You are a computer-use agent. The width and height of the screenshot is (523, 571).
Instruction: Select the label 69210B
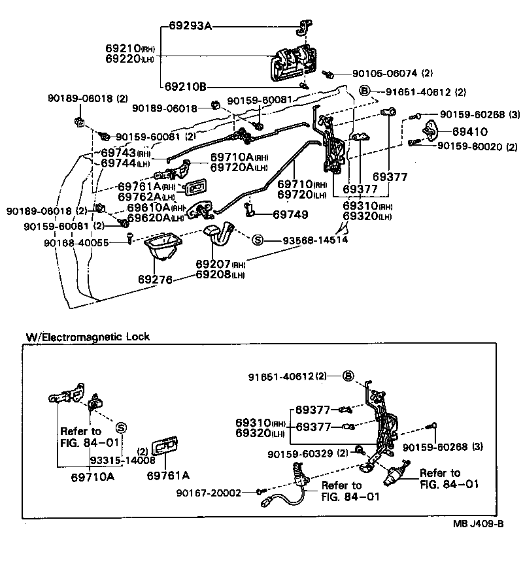tap(185, 86)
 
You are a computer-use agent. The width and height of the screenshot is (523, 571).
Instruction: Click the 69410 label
tap(469, 131)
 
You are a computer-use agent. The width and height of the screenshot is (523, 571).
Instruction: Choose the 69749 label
tap(290, 214)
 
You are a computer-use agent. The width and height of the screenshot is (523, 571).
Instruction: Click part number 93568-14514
tap(314, 240)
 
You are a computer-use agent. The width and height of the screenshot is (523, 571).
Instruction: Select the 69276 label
tap(155, 279)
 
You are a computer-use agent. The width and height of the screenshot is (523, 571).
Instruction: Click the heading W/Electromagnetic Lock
tap(88, 337)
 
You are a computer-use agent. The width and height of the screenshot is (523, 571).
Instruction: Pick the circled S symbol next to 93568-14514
tap(258, 240)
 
